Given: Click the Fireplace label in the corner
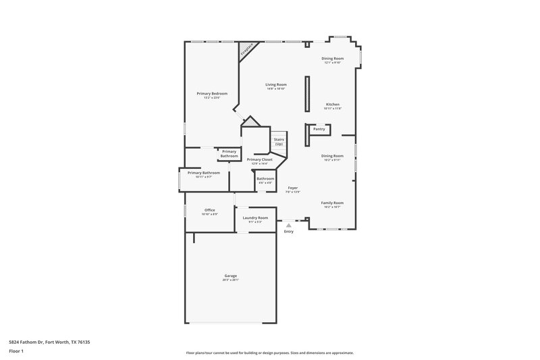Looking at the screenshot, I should click(246, 50).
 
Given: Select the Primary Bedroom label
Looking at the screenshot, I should click(212, 93).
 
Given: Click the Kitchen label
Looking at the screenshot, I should click(333, 104).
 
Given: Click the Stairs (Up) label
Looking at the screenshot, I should click(278, 141).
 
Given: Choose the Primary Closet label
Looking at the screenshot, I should click(260, 159).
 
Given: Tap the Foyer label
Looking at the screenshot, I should click(293, 188).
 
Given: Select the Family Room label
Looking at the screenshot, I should click(332, 203).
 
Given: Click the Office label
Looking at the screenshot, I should click(210, 210).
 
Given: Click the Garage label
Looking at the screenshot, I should click(231, 276).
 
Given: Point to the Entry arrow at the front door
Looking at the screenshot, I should click(288, 225).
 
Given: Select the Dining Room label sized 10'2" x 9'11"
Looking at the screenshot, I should click(332, 156).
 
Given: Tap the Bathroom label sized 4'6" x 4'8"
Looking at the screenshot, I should click(265, 178).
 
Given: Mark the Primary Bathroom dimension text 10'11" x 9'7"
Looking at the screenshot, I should click(204, 177).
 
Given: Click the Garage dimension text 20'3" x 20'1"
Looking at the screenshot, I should click(231, 280).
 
